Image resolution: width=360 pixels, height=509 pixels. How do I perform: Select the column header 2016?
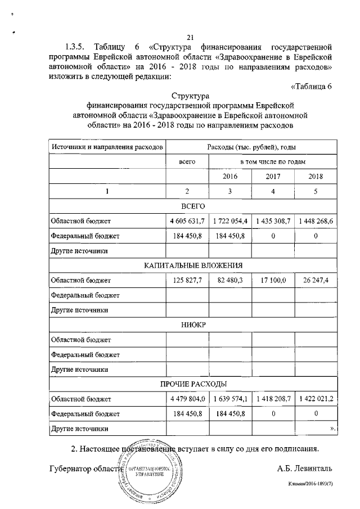[229, 176]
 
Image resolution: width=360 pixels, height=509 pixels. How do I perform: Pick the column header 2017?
[273, 176]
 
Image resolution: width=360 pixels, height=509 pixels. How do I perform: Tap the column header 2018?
[316, 176]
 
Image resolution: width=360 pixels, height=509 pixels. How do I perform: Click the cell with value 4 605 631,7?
[187, 221]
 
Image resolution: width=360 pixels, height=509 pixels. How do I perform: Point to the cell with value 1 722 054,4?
[229, 221]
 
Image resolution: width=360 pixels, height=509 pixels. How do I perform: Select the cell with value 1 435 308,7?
[273, 221]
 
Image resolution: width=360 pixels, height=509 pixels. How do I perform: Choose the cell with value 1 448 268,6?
[316, 221]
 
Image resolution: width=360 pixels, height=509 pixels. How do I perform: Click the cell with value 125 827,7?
[187, 280]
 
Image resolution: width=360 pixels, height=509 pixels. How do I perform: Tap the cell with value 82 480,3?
[229, 280]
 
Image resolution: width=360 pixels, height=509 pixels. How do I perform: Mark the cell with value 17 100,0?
[273, 280]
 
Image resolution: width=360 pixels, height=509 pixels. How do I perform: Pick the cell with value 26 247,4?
[316, 280]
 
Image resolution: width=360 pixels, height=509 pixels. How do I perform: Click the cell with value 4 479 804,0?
[187, 399]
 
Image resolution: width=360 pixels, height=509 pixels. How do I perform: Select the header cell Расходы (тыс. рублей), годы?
[251, 147]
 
